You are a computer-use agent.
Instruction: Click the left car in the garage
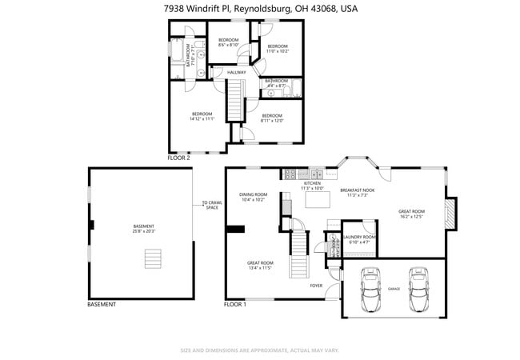tap(370, 289)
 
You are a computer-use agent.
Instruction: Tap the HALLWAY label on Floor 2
tap(236, 73)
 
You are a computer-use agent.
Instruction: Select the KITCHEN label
tap(312, 183)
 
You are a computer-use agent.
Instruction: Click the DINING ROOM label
tap(252, 194)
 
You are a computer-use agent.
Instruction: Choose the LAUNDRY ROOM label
tap(358, 237)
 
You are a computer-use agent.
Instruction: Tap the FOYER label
tap(317, 285)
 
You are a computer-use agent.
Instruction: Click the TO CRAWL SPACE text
tap(211, 205)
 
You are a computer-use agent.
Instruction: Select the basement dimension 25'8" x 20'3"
tap(144, 232)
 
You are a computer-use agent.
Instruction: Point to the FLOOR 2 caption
tap(178, 158)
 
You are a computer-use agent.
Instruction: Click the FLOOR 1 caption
tap(234, 305)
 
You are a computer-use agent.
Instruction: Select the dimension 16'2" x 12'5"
tap(410, 217)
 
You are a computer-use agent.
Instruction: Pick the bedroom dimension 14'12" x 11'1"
tap(201, 118)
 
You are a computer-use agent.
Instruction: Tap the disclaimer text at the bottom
tap(260, 350)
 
